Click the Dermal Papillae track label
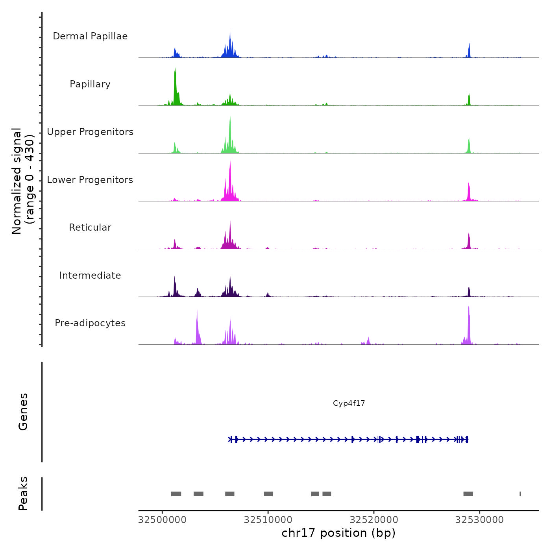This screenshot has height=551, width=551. pos(90,36)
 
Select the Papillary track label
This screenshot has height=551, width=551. pos(90,84)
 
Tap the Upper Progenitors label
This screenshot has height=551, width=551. pos(90,132)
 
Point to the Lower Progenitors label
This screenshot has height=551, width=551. pos(90,180)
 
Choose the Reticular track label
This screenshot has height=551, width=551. pos(90,227)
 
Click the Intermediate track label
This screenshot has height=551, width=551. pos(90,275)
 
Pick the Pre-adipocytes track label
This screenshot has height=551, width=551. pos(90,323)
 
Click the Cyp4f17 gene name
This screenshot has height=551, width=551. pos(349,403)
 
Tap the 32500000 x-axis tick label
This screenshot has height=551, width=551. pos(163,520)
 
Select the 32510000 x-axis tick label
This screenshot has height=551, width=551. pos(268,520)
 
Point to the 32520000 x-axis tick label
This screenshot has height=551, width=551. pos(374,520)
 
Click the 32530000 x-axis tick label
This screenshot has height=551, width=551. pos(479,520)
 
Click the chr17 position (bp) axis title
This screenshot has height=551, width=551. pos(338,533)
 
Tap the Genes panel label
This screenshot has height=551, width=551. pos(23,412)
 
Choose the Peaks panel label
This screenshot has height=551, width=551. pos(23,494)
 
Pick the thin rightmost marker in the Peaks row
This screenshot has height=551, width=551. pos(520,494)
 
